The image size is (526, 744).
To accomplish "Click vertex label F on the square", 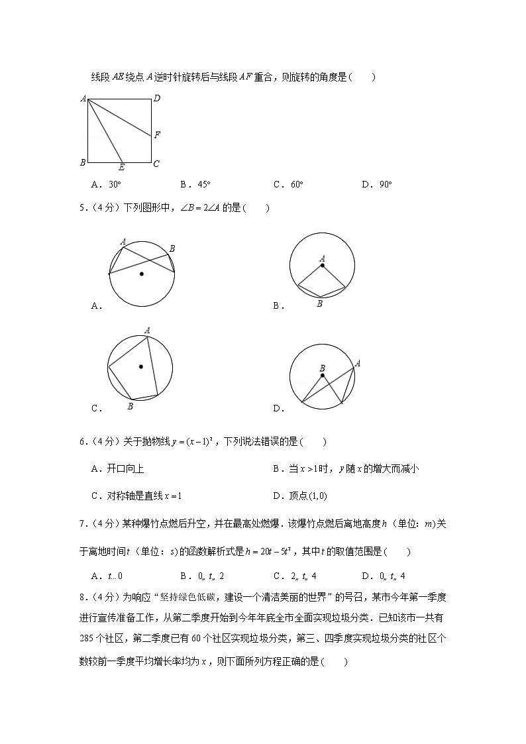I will [x=157, y=135].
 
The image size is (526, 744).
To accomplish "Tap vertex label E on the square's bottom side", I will [x=122, y=168].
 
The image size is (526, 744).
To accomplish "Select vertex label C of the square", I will [x=156, y=164].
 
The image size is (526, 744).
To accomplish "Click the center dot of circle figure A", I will [x=140, y=272].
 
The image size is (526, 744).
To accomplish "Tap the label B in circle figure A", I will [x=172, y=248].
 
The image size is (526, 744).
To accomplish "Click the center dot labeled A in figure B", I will [x=323, y=266].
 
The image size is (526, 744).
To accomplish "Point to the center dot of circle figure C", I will [x=140, y=366].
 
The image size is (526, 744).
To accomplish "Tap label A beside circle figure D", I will [x=358, y=362].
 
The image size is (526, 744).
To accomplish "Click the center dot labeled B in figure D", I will [x=323, y=376].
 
